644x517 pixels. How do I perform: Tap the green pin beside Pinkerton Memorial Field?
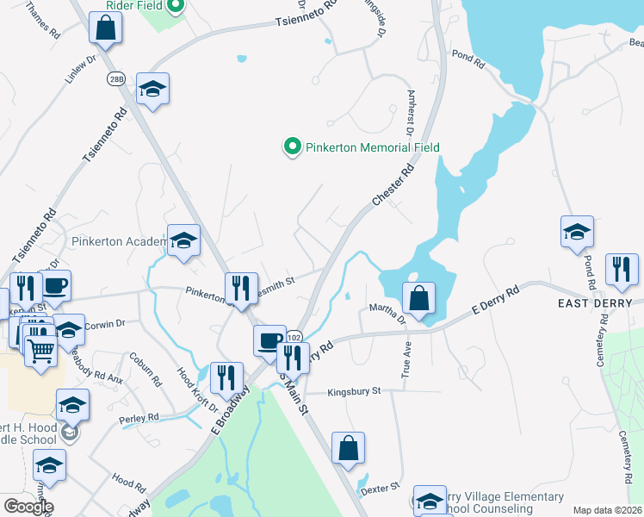[x=292, y=147]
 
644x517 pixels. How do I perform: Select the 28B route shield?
[x=116, y=78]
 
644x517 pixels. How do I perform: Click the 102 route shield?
[x=294, y=336]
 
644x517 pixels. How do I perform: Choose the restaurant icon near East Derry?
[x=621, y=269]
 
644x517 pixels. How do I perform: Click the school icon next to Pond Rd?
[x=577, y=231]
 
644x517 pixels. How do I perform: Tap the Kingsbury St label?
[x=353, y=391]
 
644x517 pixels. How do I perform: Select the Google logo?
[x=28, y=506]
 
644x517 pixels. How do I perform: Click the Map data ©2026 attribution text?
[x=607, y=510]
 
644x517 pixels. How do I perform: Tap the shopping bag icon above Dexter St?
[x=348, y=448]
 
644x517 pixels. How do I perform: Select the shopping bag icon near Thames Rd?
[x=105, y=28]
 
